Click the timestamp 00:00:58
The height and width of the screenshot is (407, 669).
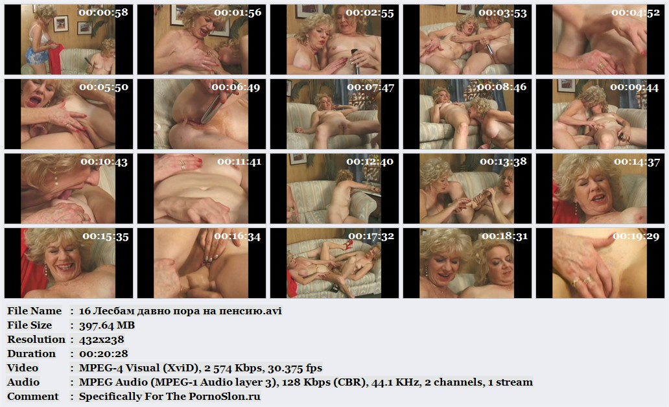[x=103, y=12]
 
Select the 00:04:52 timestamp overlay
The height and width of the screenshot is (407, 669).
[x=635, y=13]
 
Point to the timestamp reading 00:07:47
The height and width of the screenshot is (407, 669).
[x=370, y=87]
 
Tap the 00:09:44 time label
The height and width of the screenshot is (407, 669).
[x=635, y=87]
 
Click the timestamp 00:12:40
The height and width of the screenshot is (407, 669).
[x=370, y=161]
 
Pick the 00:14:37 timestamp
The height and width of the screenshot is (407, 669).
[x=637, y=161]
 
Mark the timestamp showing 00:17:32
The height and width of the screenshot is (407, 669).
[x=371, y=236]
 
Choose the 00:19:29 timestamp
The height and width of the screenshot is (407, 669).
[x=636, y=236]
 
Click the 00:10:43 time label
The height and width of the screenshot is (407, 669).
[x=104, y=161]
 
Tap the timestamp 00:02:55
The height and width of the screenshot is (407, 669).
[x=370, y=13]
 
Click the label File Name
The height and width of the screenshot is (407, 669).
[x=34, y=310]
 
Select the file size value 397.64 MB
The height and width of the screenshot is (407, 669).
[x=107, y=325]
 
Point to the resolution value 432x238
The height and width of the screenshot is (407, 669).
[x=102, y=340]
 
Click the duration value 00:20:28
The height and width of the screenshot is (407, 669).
[x=103, y=354]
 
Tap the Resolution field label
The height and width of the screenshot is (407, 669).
[x=36, y=339]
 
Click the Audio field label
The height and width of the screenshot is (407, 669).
[x=23, y=382]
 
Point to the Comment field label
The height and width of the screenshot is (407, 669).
[x=32, y=397]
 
